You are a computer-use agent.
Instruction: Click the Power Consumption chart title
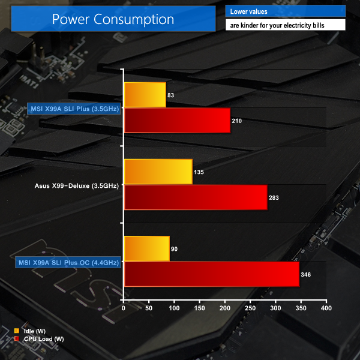pyautogui.click(x=113, y=19)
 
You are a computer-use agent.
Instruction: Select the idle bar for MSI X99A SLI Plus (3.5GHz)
pyautogui.click(x=145, y=95)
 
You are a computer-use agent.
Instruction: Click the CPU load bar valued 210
pyautogui.click(x=177, y=121)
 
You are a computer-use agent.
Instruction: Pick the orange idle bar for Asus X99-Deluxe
pyautogui.click(x=158, y=172)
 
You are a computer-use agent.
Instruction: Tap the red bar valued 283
pyautogui.click(x=195, y=197)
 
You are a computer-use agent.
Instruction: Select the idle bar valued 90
pyautogui.click(x=146, y=248)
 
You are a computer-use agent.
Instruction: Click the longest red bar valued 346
pyautogui.click(x=211, y=274)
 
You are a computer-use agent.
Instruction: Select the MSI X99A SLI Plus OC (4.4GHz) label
pyautogui.click(x=68, y=262)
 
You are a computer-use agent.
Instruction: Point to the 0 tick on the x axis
pyautogui.click(x=124, y=308)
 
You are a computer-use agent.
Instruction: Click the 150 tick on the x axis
pyautogui.click(x=200, y=308)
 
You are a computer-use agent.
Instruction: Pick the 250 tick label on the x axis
pyautogui.click(x=250, y=308)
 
